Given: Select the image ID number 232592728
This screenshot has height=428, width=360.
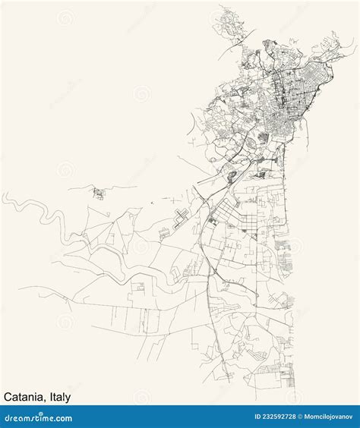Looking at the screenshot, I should coord(262,417).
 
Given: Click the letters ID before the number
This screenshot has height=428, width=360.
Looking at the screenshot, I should coord(235,417).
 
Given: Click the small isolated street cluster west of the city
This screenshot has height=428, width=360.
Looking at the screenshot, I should coord(98,193).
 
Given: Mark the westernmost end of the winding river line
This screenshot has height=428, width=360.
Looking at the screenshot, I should coord(3,198).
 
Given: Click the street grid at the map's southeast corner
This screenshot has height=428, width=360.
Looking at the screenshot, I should coord(273,372).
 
